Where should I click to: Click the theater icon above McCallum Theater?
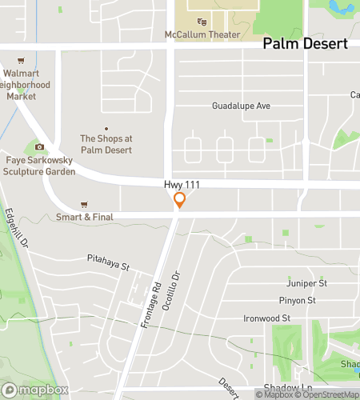point(202,22)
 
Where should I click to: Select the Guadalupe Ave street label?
point(242,106)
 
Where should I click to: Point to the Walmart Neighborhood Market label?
point(26,84)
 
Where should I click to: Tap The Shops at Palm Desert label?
point(106,143)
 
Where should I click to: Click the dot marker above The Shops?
point(106,129)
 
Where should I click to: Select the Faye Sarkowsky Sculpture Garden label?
point(40,166)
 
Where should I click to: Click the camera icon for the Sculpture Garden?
point(39,146)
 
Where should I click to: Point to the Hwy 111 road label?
point(182,185)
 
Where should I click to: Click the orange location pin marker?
point(181,200)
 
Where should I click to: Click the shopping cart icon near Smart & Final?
point(84,204)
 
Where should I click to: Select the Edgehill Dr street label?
point(18,228)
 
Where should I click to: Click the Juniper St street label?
point(307,283)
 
